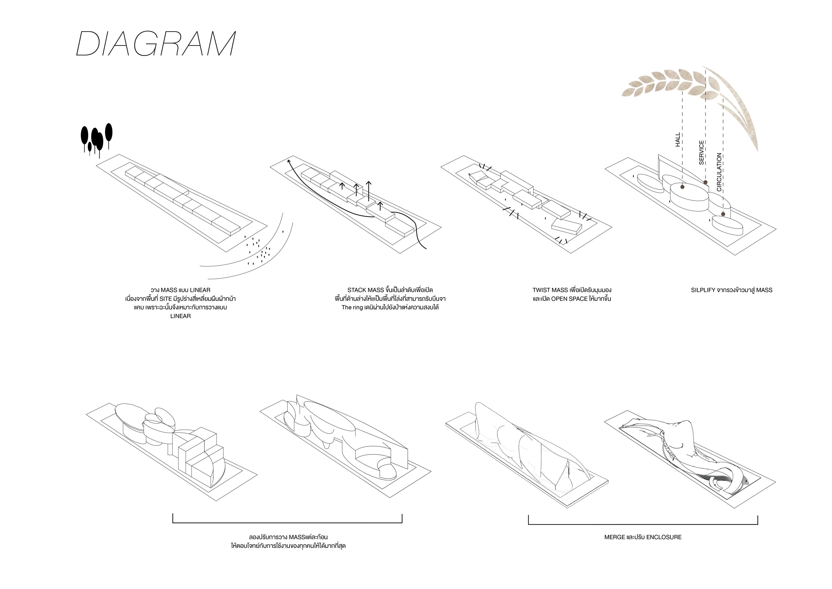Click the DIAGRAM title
156,44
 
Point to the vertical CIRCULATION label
719,172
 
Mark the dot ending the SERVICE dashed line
705,182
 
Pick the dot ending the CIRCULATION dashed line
723,214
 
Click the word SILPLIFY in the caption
703,290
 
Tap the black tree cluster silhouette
96,140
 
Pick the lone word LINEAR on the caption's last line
180,316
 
